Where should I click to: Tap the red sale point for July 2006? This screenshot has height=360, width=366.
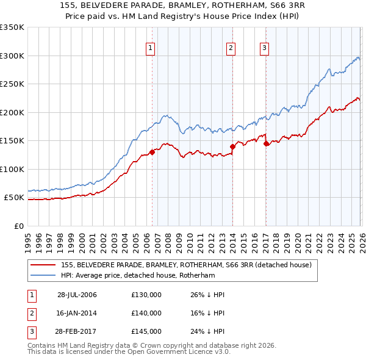[x=152, y=153]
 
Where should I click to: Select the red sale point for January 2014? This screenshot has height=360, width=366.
[x=232, y=146]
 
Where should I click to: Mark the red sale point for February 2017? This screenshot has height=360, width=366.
[x=266, y=144]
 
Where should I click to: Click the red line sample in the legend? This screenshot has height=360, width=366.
[x=43, y=265]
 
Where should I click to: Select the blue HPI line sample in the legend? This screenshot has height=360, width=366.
[x=43, y=275]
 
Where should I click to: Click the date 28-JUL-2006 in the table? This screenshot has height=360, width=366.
[x=77, y=295]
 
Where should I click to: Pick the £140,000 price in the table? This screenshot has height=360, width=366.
[x=146, y=312]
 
